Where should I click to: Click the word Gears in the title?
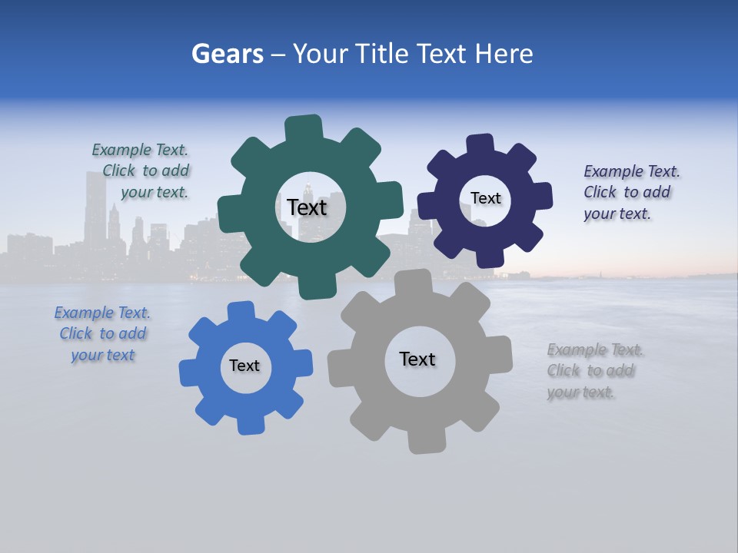click(x=228, y=54)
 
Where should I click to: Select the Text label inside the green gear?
click(x=307, y=207)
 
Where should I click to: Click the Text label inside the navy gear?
click(x=485, y=198)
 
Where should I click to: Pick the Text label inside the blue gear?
click(x=244, y=366)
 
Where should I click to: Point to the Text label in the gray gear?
click(x=417, y=359)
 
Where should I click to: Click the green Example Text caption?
click(x=141, y=171)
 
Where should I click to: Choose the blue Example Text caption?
click(x=102, y=333)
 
